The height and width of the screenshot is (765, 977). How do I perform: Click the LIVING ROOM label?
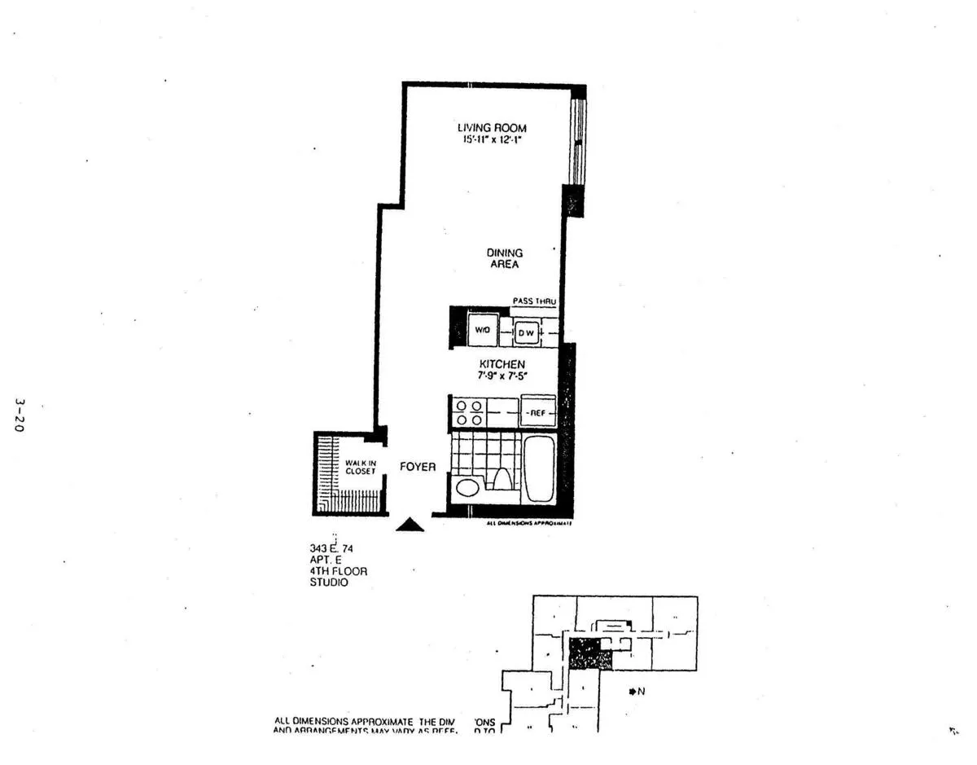click(491, 128)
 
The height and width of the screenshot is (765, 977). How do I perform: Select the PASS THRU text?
click(534, 301)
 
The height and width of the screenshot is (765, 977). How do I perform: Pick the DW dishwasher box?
click(526, 332)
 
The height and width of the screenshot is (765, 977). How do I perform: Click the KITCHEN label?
click(502, 363)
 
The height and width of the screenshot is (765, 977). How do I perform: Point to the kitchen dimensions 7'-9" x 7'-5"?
click(502, 376)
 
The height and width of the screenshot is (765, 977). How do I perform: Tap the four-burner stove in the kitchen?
click(468, 413)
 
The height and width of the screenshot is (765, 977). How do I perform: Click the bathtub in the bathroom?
click(539, 470)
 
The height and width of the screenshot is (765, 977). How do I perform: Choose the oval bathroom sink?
click(467, 488)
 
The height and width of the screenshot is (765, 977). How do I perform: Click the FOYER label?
click(417, 468)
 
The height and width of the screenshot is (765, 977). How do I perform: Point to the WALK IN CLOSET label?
click(360, 467)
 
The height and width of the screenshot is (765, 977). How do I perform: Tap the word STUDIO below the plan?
click(328, 583)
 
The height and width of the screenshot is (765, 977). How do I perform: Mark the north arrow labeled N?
click(636, 692)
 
